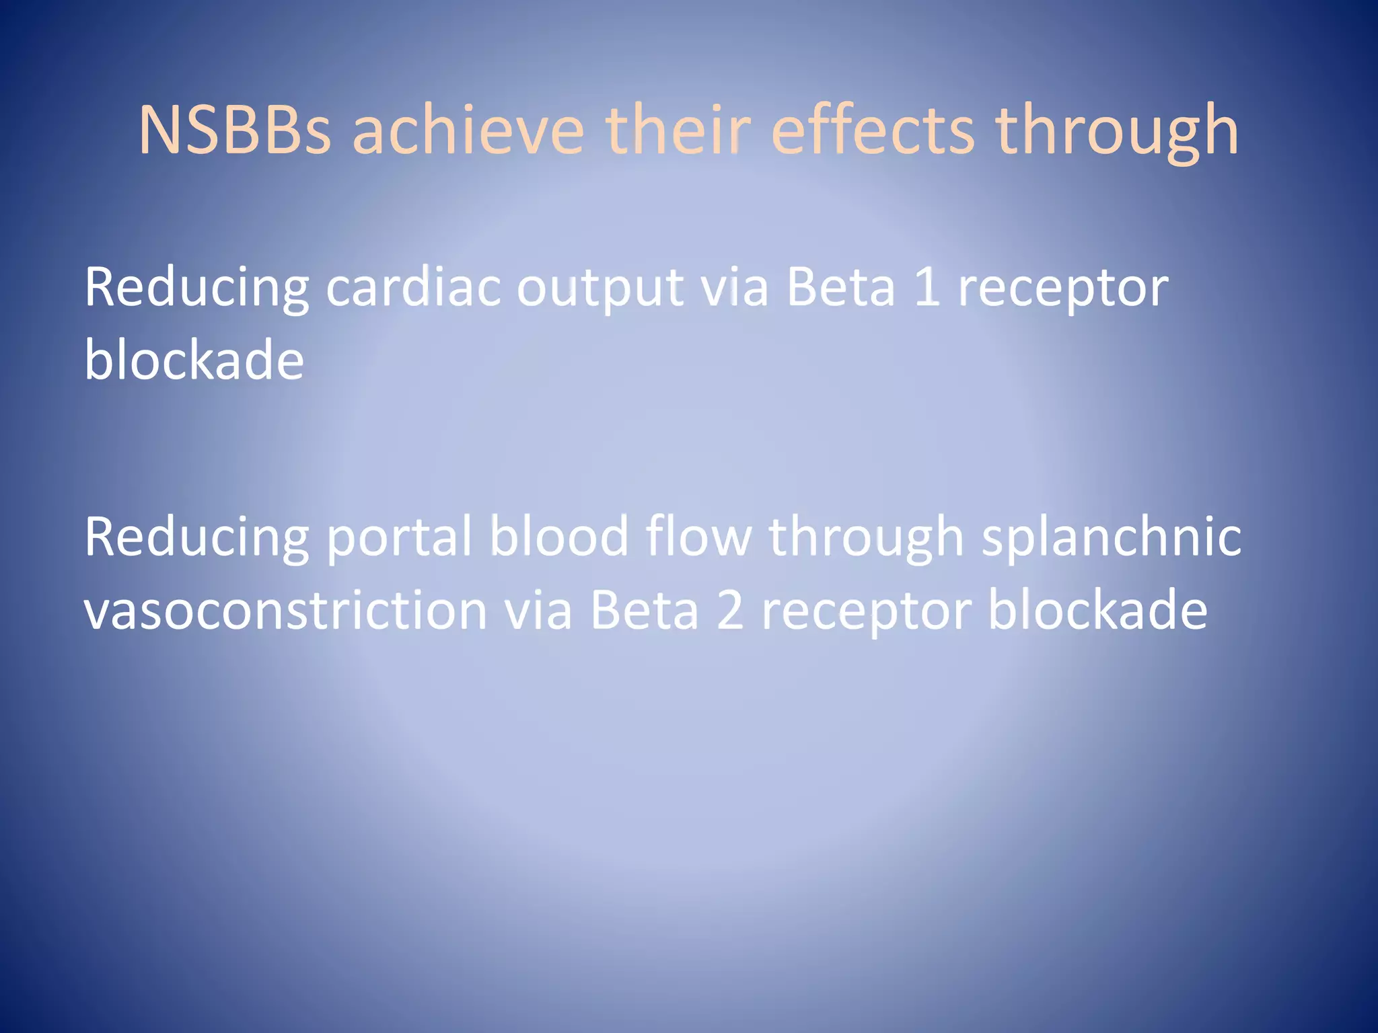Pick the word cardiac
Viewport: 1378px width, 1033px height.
tap(413, 288)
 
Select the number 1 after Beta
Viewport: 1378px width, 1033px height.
tap(927, 288)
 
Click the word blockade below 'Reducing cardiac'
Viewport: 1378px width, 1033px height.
tap(194, 360)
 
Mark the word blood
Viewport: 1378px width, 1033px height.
tap(558, 537)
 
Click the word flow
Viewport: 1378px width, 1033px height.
tap(698, 537)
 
